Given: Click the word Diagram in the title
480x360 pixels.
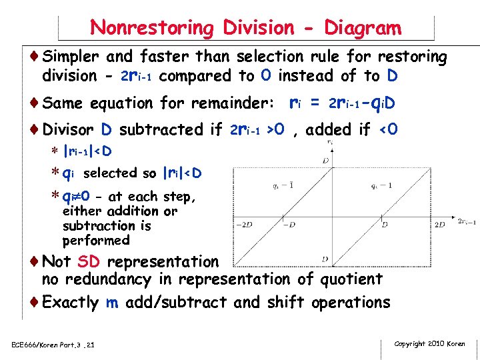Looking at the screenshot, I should pyautogui.click(x=363, y=28).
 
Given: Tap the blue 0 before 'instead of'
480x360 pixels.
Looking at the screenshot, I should pyautogui.click(x=265, y=75).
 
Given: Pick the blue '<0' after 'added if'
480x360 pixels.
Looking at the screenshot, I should pyautogui.click(x=388, y=129).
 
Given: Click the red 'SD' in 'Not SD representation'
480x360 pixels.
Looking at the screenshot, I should pyautogui.click(x=89, y=262).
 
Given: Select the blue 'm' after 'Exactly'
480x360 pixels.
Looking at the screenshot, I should pyautogui.click(x=113, y=302).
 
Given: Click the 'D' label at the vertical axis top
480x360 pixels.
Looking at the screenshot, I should pyautogui.click(x=325, y=161).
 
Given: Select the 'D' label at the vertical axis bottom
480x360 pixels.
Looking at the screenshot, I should pyautogui.click(x=325, y=259).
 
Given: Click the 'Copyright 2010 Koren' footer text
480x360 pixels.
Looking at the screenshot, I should pyautogui.click(x=430, y=344).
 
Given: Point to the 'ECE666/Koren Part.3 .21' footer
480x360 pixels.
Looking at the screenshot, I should pyautogui.click(x=53, y=345).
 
